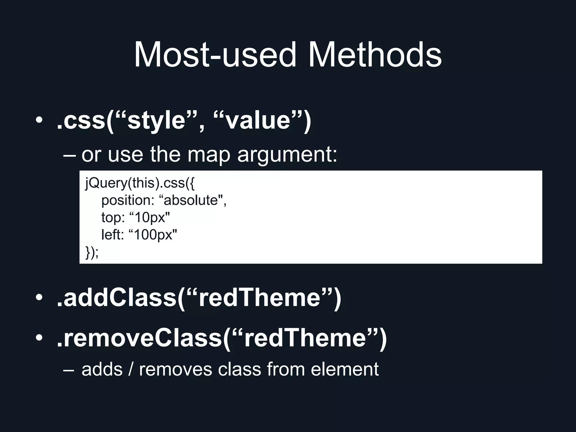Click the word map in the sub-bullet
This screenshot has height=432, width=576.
[x=209, y=155]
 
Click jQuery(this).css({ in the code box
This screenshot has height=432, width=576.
[x=140, y=183]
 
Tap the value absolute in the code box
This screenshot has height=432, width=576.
[x=191, y=201]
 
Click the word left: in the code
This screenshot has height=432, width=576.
[x=112, y=235]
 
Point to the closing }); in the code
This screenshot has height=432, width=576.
[x=92, y=252]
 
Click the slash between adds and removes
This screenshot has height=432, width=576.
[x=131, y=369]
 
